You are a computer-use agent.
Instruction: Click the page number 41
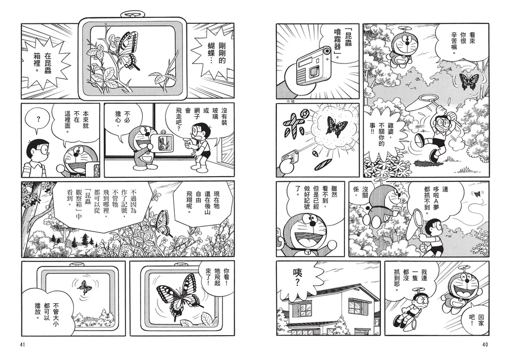point(22,346)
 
